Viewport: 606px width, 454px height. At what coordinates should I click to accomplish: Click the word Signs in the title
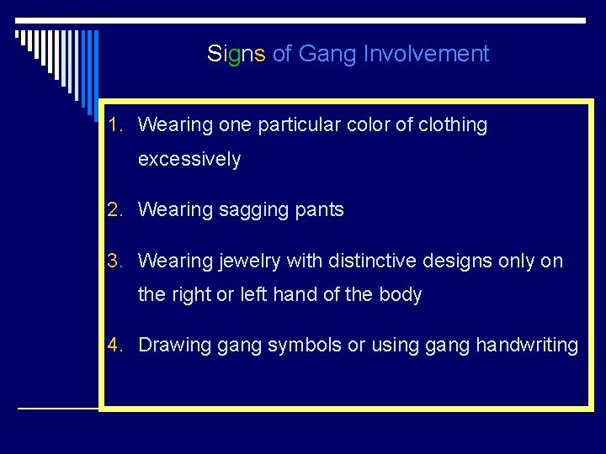[237, 55]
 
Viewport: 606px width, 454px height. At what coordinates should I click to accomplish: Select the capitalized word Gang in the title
[328, 55]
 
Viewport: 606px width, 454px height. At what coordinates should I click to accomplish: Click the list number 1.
[115, 125]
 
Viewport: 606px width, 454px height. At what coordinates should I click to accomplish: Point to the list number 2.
[115, 210]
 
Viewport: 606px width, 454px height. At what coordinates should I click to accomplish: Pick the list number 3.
[115, 261]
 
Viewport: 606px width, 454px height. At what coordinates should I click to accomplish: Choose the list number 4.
[115, 346]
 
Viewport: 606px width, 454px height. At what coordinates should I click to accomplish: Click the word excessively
[189, 160]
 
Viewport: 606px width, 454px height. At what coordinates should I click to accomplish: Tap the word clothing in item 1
[453, 125]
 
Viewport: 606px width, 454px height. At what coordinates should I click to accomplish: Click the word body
[400, 295]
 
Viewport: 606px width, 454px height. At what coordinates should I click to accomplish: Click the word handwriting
[527, 346]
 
